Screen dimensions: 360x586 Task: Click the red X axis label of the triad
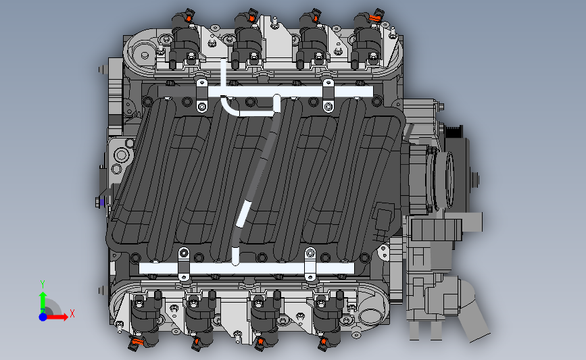coord(72,313)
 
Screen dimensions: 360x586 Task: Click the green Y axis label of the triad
coord(42,284)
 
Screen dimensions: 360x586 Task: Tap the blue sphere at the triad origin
coord(43,316)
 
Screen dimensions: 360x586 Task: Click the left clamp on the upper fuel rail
coord(201,95)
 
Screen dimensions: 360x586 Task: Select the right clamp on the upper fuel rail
coord(328,95)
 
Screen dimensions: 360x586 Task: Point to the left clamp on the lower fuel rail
coord(182,264)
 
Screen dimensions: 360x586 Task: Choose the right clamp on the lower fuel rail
coord(310,264)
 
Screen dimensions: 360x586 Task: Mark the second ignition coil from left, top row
coord(245,41)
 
